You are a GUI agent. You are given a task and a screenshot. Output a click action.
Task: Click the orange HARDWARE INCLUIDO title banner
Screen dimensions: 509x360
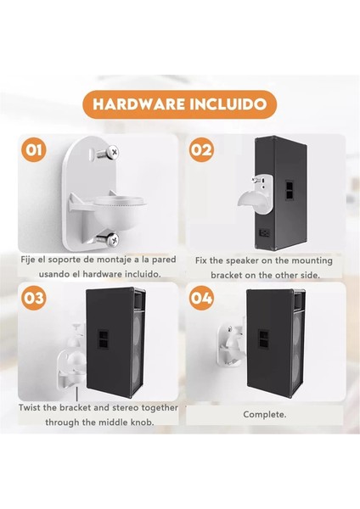pyautogui.click(x=179, y=106)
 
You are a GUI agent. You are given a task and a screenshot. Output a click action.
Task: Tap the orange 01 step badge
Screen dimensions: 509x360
pyautogui.click(x=35, y=152)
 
